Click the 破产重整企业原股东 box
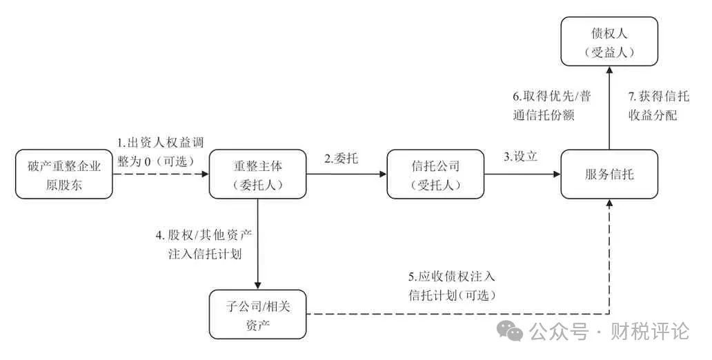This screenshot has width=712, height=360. click(63, 174)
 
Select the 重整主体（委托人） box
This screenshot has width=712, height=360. click(257, 174)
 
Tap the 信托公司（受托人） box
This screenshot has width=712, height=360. click(435, 174)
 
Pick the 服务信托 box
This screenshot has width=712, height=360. click(609, 174)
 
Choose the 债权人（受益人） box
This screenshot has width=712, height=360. click(609, 41)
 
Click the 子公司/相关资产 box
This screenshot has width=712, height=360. click(257, 314)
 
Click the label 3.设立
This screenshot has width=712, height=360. click(520, 157)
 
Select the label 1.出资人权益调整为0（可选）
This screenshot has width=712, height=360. click(159, 151)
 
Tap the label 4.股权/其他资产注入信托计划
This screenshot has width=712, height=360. click(204, 243)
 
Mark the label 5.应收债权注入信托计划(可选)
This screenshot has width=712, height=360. click(452, 286)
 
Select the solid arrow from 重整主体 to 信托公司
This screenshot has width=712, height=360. click(345, 175)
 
